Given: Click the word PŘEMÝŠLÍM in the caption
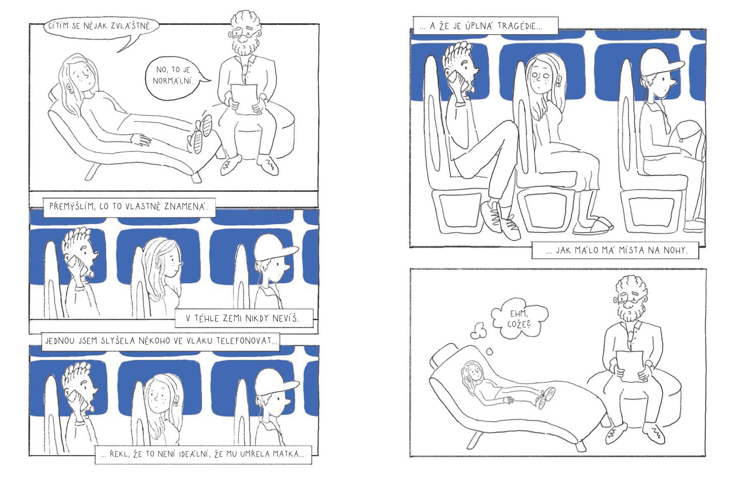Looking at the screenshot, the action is pos(72,206).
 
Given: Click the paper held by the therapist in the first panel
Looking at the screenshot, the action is pos(244,98).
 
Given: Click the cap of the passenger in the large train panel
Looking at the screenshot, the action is pos(660,62).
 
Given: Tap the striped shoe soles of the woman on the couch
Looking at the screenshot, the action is pos(202,133).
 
